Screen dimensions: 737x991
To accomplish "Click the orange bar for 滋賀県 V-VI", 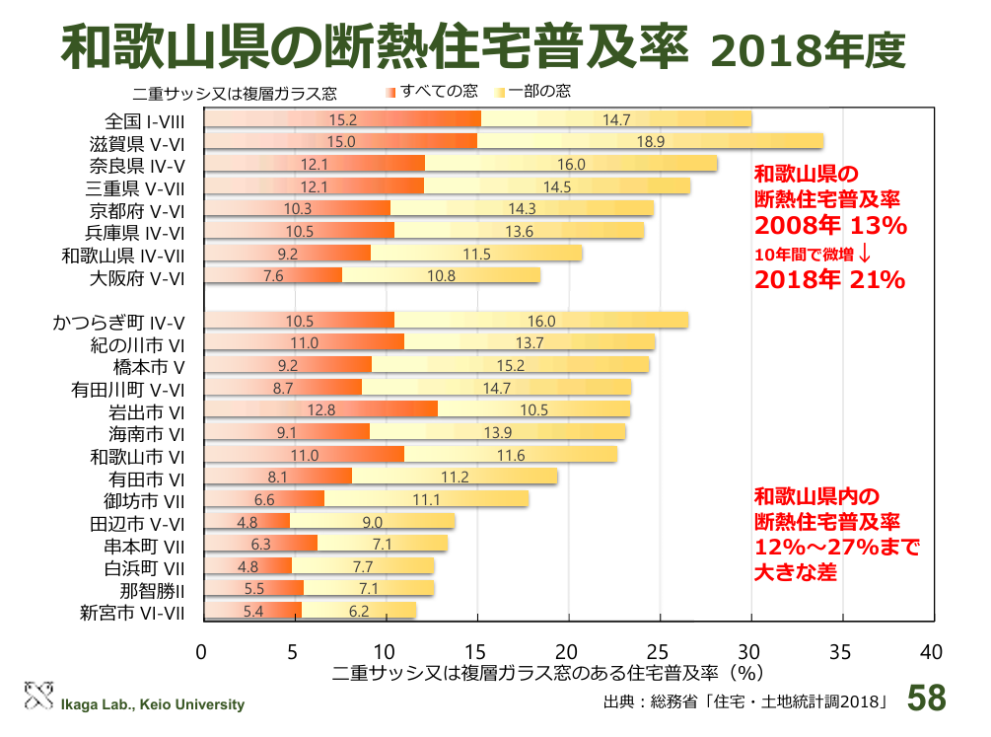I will [x=341, y=141].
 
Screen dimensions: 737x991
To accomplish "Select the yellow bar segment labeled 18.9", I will [x=650, y=141].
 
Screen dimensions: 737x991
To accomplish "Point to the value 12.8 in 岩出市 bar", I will [x=321, y=409].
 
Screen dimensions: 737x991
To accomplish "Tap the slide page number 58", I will [x=926, y=698].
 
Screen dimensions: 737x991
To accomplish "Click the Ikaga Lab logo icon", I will [x=37, y=696].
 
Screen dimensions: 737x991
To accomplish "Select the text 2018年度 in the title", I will [x=806, y=50].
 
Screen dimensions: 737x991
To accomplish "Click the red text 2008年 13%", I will [x=829, y=226].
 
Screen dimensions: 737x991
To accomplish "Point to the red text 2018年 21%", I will [x=829, y=279].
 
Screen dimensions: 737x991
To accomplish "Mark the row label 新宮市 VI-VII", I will [x=133, y=613].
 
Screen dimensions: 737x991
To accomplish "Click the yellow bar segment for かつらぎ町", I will [x=541, y=321].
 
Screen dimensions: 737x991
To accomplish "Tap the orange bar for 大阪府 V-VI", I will [x=273, y=276].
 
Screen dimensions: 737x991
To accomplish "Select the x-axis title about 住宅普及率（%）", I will [x=548, y=674].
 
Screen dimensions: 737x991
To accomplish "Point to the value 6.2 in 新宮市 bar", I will [x=359, y=612].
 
